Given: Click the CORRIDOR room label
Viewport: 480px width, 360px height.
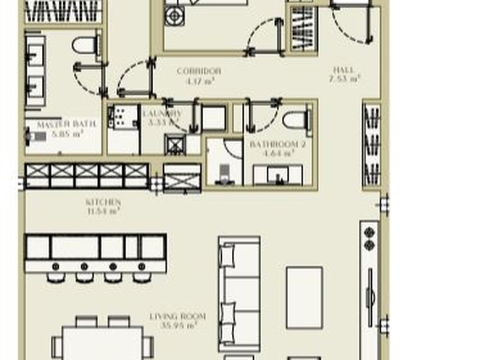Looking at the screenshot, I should point(199,71).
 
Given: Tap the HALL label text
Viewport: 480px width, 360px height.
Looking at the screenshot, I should point(344,71).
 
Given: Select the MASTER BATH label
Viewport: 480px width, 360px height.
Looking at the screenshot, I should point(66,124).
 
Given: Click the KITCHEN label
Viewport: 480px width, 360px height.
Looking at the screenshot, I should point(103,202).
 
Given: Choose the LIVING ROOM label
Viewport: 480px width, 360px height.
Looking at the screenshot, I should point(177,316).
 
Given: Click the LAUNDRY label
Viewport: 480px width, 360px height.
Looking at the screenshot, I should point(162,113).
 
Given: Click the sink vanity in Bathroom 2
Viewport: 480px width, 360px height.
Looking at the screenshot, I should point(277,174).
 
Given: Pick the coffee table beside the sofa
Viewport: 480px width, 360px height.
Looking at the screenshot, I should point(304,297).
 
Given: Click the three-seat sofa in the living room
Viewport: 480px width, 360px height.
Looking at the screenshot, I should point(239,293).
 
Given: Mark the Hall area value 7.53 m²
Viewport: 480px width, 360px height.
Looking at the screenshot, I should point(344,79).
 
